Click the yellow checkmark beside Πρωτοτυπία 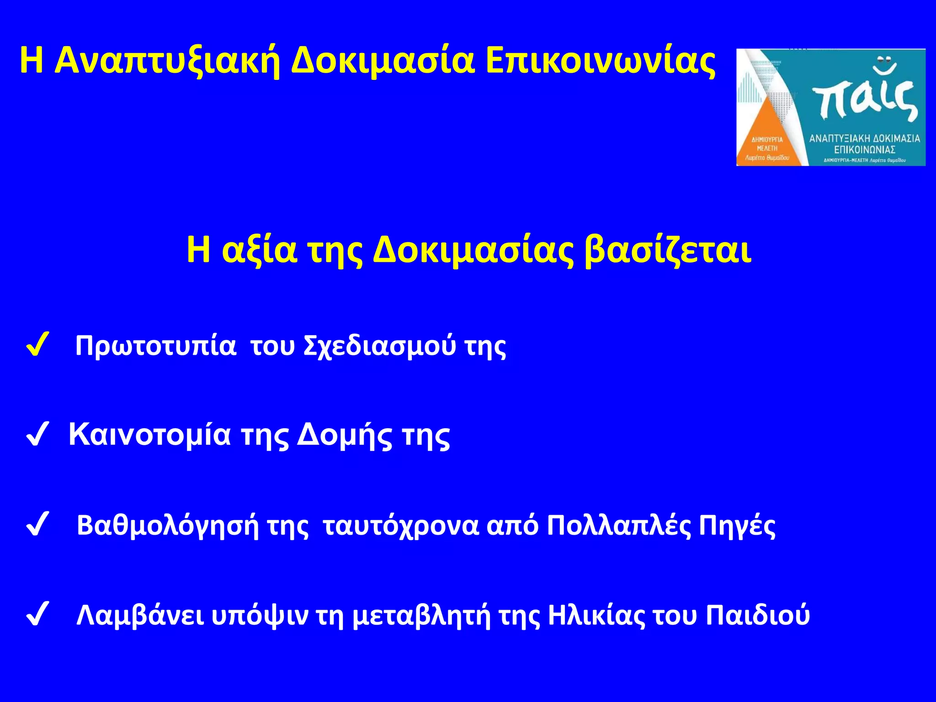tap(37, 346)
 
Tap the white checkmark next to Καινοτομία tap(37, 435)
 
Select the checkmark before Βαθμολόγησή tap(37, 525)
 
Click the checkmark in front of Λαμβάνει tap(37, 615)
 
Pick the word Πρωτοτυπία tap(155, 346)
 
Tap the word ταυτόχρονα tap(401, 525)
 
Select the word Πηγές tap(738, 525)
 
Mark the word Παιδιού tap(758, 615)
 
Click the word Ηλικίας tap(596, 615)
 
